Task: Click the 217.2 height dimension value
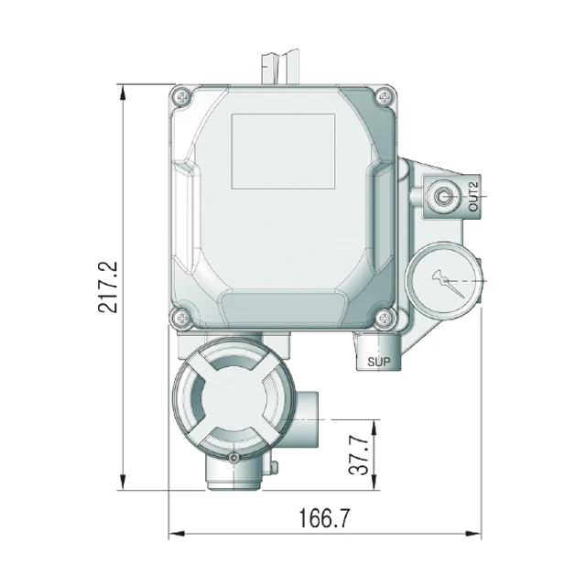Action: click(108, 287)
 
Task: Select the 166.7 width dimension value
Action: click(324, 518)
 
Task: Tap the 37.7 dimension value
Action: click(359, 455)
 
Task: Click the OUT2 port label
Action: click(473, 197)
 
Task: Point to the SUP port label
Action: click(378, 362)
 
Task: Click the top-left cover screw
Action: click(183, 97)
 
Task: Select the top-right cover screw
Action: click(384, 97)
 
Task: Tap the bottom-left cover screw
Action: click(183, 319)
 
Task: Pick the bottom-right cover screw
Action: click(384, 319)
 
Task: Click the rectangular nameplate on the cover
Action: click(283, 151)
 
